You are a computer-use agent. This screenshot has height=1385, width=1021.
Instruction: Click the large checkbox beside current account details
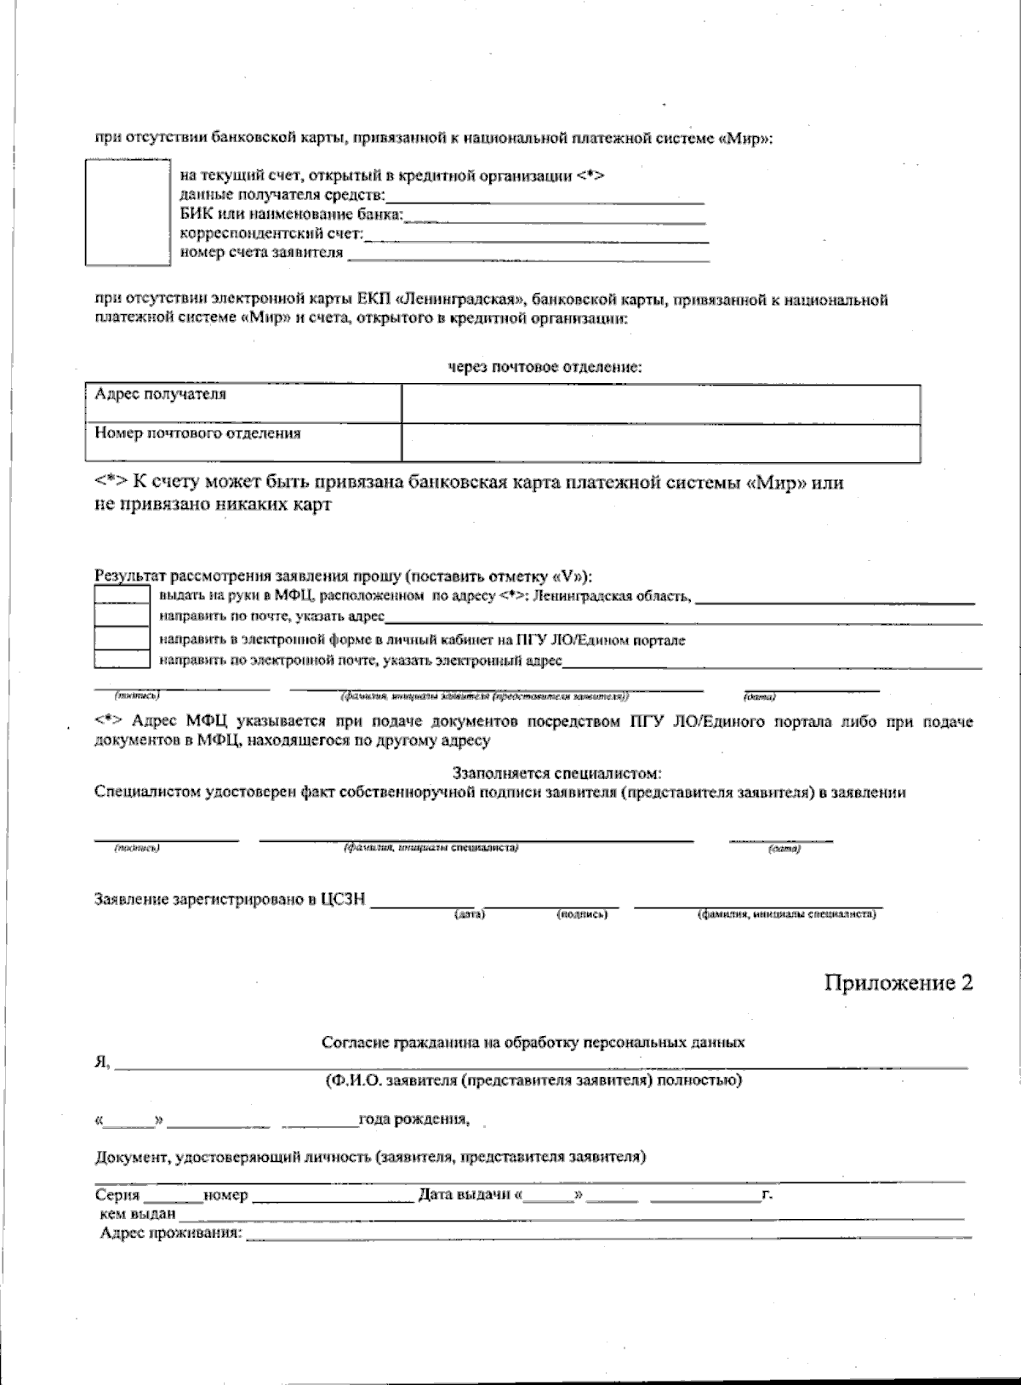point(128,212)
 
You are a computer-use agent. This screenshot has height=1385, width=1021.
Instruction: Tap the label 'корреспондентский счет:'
point(271,233)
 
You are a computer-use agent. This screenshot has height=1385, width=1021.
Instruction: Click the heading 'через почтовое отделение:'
point(545,367)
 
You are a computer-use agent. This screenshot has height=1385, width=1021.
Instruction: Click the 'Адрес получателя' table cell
point(243,403)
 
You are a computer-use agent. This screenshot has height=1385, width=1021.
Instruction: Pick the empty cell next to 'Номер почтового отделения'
point(660,443)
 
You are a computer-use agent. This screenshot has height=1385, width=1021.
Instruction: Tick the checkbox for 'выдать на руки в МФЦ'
point(122,595)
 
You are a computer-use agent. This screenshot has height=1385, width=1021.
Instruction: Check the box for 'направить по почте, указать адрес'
point(122,615)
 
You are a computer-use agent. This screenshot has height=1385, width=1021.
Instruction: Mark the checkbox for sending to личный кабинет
point(122,638)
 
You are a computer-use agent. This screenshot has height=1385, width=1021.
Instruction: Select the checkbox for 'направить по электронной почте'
point(122,659)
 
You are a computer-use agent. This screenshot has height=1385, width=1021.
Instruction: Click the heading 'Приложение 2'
point(898,983)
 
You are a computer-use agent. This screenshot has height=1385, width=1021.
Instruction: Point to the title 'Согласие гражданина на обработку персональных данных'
point(533,1042)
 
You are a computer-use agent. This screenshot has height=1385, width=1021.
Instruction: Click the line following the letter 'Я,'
point(541,1063)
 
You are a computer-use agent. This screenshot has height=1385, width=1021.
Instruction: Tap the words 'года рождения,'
point(414,1119)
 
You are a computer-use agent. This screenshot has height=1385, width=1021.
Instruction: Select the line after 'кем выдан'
point(570,1216)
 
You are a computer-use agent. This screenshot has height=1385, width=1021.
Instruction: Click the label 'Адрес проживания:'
point(170,1233)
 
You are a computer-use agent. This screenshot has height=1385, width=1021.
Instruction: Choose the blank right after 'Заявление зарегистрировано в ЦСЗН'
point(421,903)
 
